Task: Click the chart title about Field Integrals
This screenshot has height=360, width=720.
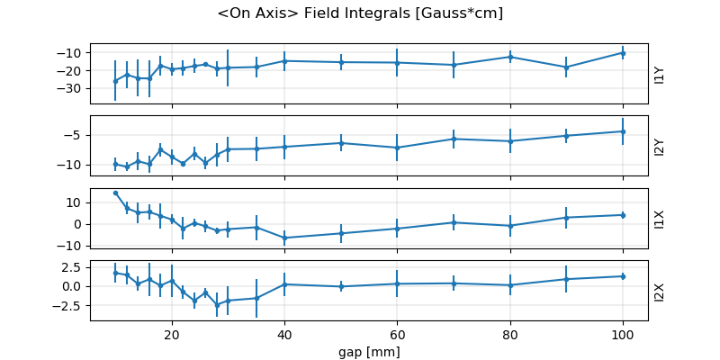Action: point(360,13)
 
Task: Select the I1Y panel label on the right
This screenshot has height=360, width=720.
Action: point(660,74)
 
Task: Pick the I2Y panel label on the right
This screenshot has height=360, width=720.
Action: point(660,146)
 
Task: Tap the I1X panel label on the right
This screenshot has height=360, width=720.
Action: point(660,219)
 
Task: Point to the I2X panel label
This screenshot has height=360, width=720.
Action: point(660,292)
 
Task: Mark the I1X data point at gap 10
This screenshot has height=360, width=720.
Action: point(115,193)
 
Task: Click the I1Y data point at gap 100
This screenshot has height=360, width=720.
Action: point(622,53)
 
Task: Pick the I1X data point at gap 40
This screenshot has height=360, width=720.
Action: point(284,238)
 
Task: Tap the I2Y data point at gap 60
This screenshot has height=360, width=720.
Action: point(397,148)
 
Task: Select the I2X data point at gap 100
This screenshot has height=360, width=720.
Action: point(622,276)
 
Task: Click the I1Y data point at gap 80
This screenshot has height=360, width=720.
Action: point(509,57)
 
